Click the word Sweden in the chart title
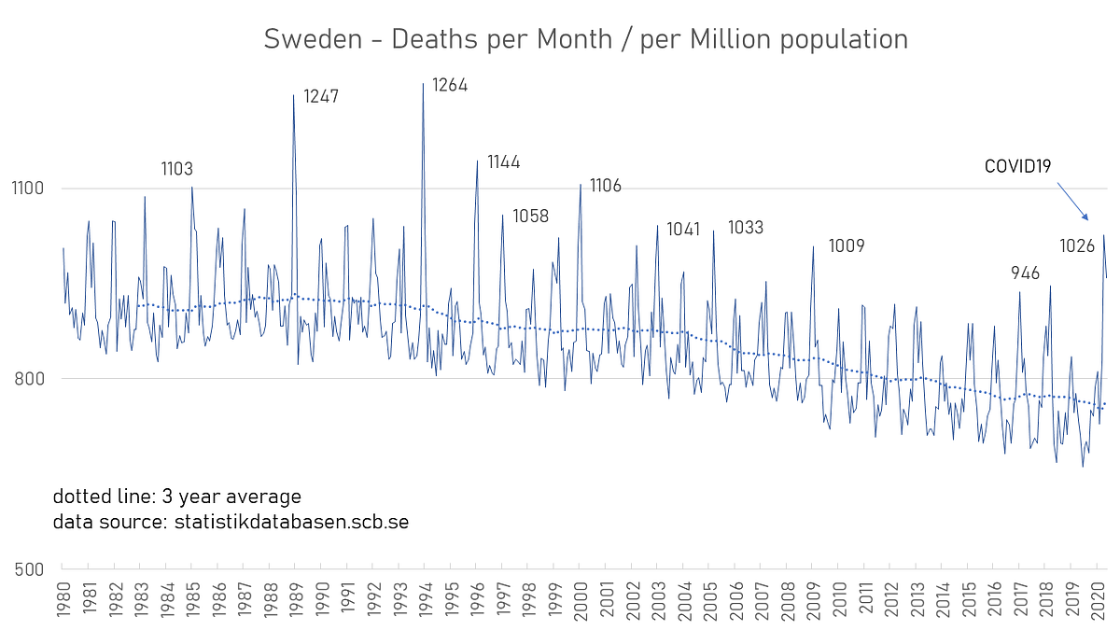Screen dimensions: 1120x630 tap(313, 39)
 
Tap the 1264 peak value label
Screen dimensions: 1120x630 tap(450, 86)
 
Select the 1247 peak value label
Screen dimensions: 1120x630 tap(321, 96)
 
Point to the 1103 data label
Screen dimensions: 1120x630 tap(177, 169)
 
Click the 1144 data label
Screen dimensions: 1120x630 tap(503, 162)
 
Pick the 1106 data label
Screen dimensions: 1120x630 tap(606, 186)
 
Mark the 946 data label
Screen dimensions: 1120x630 tap(1025, 273)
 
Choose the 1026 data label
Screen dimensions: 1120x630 tap(1077, 246)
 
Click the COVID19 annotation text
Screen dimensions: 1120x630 tap(1017, 166)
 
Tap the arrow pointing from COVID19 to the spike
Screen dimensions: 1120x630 tap(1072, 202)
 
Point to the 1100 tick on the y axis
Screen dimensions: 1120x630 tap(28, 189)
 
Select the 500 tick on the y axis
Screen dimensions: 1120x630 tap(29, 570)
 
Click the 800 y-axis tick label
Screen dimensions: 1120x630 tap(29, 379)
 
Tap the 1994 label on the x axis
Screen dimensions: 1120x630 tap(426, 601)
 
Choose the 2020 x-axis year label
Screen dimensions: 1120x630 tap(1098, 601)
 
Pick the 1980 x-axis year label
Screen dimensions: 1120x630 tap(63, 600)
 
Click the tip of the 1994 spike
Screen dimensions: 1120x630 tap(424, 83)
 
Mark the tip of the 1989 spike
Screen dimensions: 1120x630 tap(293, 94)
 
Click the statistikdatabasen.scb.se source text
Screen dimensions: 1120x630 tap(291, 522)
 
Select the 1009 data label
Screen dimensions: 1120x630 tap(847, 246)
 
